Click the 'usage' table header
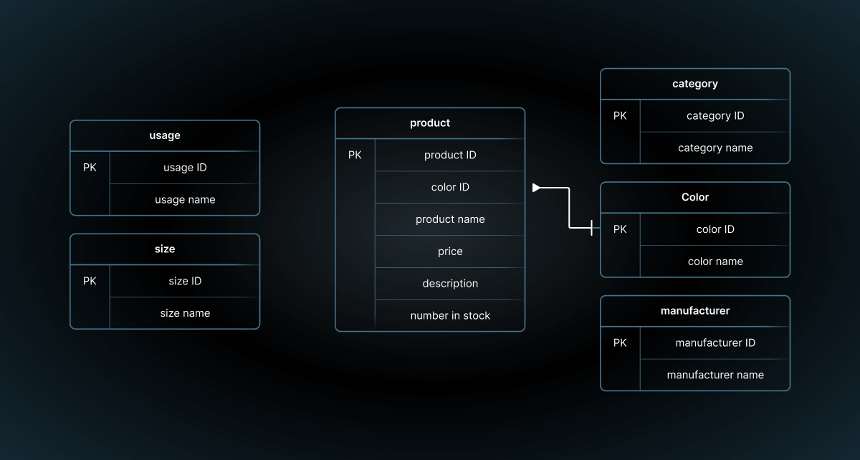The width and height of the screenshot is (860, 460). (x=165, y=135)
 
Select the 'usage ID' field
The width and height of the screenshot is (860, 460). (x=185, y=168)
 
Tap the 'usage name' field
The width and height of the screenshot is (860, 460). (x=185, y=200)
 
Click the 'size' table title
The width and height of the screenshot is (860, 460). (x=165, y=249)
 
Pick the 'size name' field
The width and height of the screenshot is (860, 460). (x=185, y=313)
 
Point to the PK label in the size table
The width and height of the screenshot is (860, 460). (x=90, y=281)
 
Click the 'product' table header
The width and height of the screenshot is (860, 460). (x=430, y=123)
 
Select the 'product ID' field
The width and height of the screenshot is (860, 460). (x=450, y=155)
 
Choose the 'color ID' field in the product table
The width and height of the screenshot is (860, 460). (x=450, y=187)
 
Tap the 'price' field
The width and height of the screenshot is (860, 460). (x=450, y=251)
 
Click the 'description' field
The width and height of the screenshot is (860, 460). (x=450, y=284)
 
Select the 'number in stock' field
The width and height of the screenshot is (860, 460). (x=450, y=316)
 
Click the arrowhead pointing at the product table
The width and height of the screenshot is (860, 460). (x=537, y=188)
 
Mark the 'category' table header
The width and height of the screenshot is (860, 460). (x=695, y=84)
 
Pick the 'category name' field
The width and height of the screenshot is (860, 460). (x=715, y=148)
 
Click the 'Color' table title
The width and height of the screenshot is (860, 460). (x=695, y=197)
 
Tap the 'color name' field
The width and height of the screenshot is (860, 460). (x=715, y=262)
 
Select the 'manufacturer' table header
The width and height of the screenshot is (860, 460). (x=695, y=311)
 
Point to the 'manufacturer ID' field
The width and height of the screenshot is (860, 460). (x=715, y=343)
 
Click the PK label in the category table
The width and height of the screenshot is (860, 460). (x=620, y=115)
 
